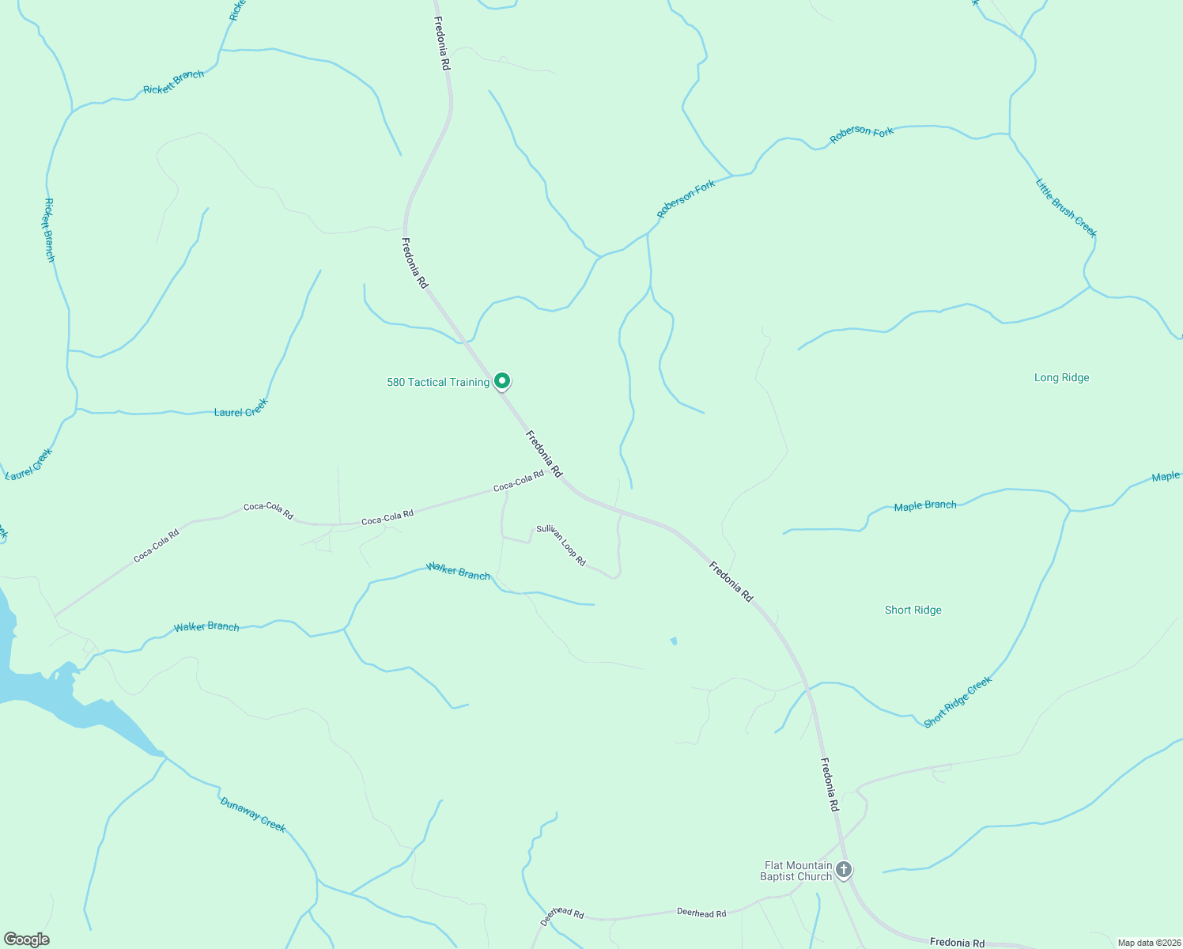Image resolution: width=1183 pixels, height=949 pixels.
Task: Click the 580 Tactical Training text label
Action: pos(437,383)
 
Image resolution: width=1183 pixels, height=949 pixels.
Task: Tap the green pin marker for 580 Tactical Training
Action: pos(501,381)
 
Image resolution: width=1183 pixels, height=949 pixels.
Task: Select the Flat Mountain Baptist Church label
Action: pos(797,871)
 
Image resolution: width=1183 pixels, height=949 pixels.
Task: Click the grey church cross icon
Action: pos(844,870)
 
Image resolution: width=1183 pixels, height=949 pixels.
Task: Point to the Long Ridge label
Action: pos(1061,378)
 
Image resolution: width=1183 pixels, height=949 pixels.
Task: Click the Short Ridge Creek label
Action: pos(957,702)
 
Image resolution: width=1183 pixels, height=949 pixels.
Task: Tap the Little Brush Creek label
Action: pos(1066,208)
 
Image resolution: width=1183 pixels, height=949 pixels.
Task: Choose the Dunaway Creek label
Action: pos(252,815)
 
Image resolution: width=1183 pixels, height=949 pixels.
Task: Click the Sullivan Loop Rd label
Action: pos(561,545)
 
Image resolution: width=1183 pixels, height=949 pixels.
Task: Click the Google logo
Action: pos(27,940)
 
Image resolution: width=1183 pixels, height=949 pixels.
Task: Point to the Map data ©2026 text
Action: pos(1147,943)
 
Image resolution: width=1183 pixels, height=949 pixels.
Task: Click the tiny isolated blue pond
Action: pos(674,641)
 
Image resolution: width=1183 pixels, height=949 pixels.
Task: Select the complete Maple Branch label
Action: pos(924,506)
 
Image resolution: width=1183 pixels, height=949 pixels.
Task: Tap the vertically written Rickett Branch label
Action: pos(49,230)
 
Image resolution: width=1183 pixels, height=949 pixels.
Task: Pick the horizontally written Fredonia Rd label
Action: pos(957,942)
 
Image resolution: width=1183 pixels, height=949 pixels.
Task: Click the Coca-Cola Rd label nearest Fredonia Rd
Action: pos(519,482)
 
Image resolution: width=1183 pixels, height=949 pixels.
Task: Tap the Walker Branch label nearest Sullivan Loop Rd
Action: pos(458,571)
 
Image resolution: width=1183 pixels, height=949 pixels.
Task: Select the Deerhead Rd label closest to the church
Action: pos(701,913)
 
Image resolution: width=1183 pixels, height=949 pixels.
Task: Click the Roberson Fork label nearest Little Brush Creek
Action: pos(861,135)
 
